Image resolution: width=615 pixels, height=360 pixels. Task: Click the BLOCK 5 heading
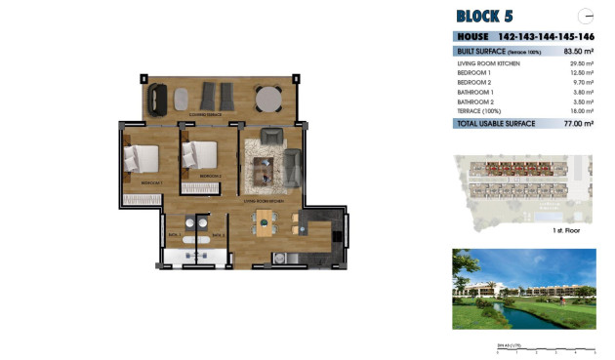coord(485,16)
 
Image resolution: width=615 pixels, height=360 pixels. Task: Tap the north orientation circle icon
coord(586,16)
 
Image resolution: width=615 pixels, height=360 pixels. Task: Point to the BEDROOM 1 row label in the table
coord(473,73)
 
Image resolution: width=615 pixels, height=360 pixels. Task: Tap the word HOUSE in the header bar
coord(473,36)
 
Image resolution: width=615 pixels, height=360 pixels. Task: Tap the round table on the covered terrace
coord(267,98)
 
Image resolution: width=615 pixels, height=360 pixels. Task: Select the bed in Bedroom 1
coord(142,156)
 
